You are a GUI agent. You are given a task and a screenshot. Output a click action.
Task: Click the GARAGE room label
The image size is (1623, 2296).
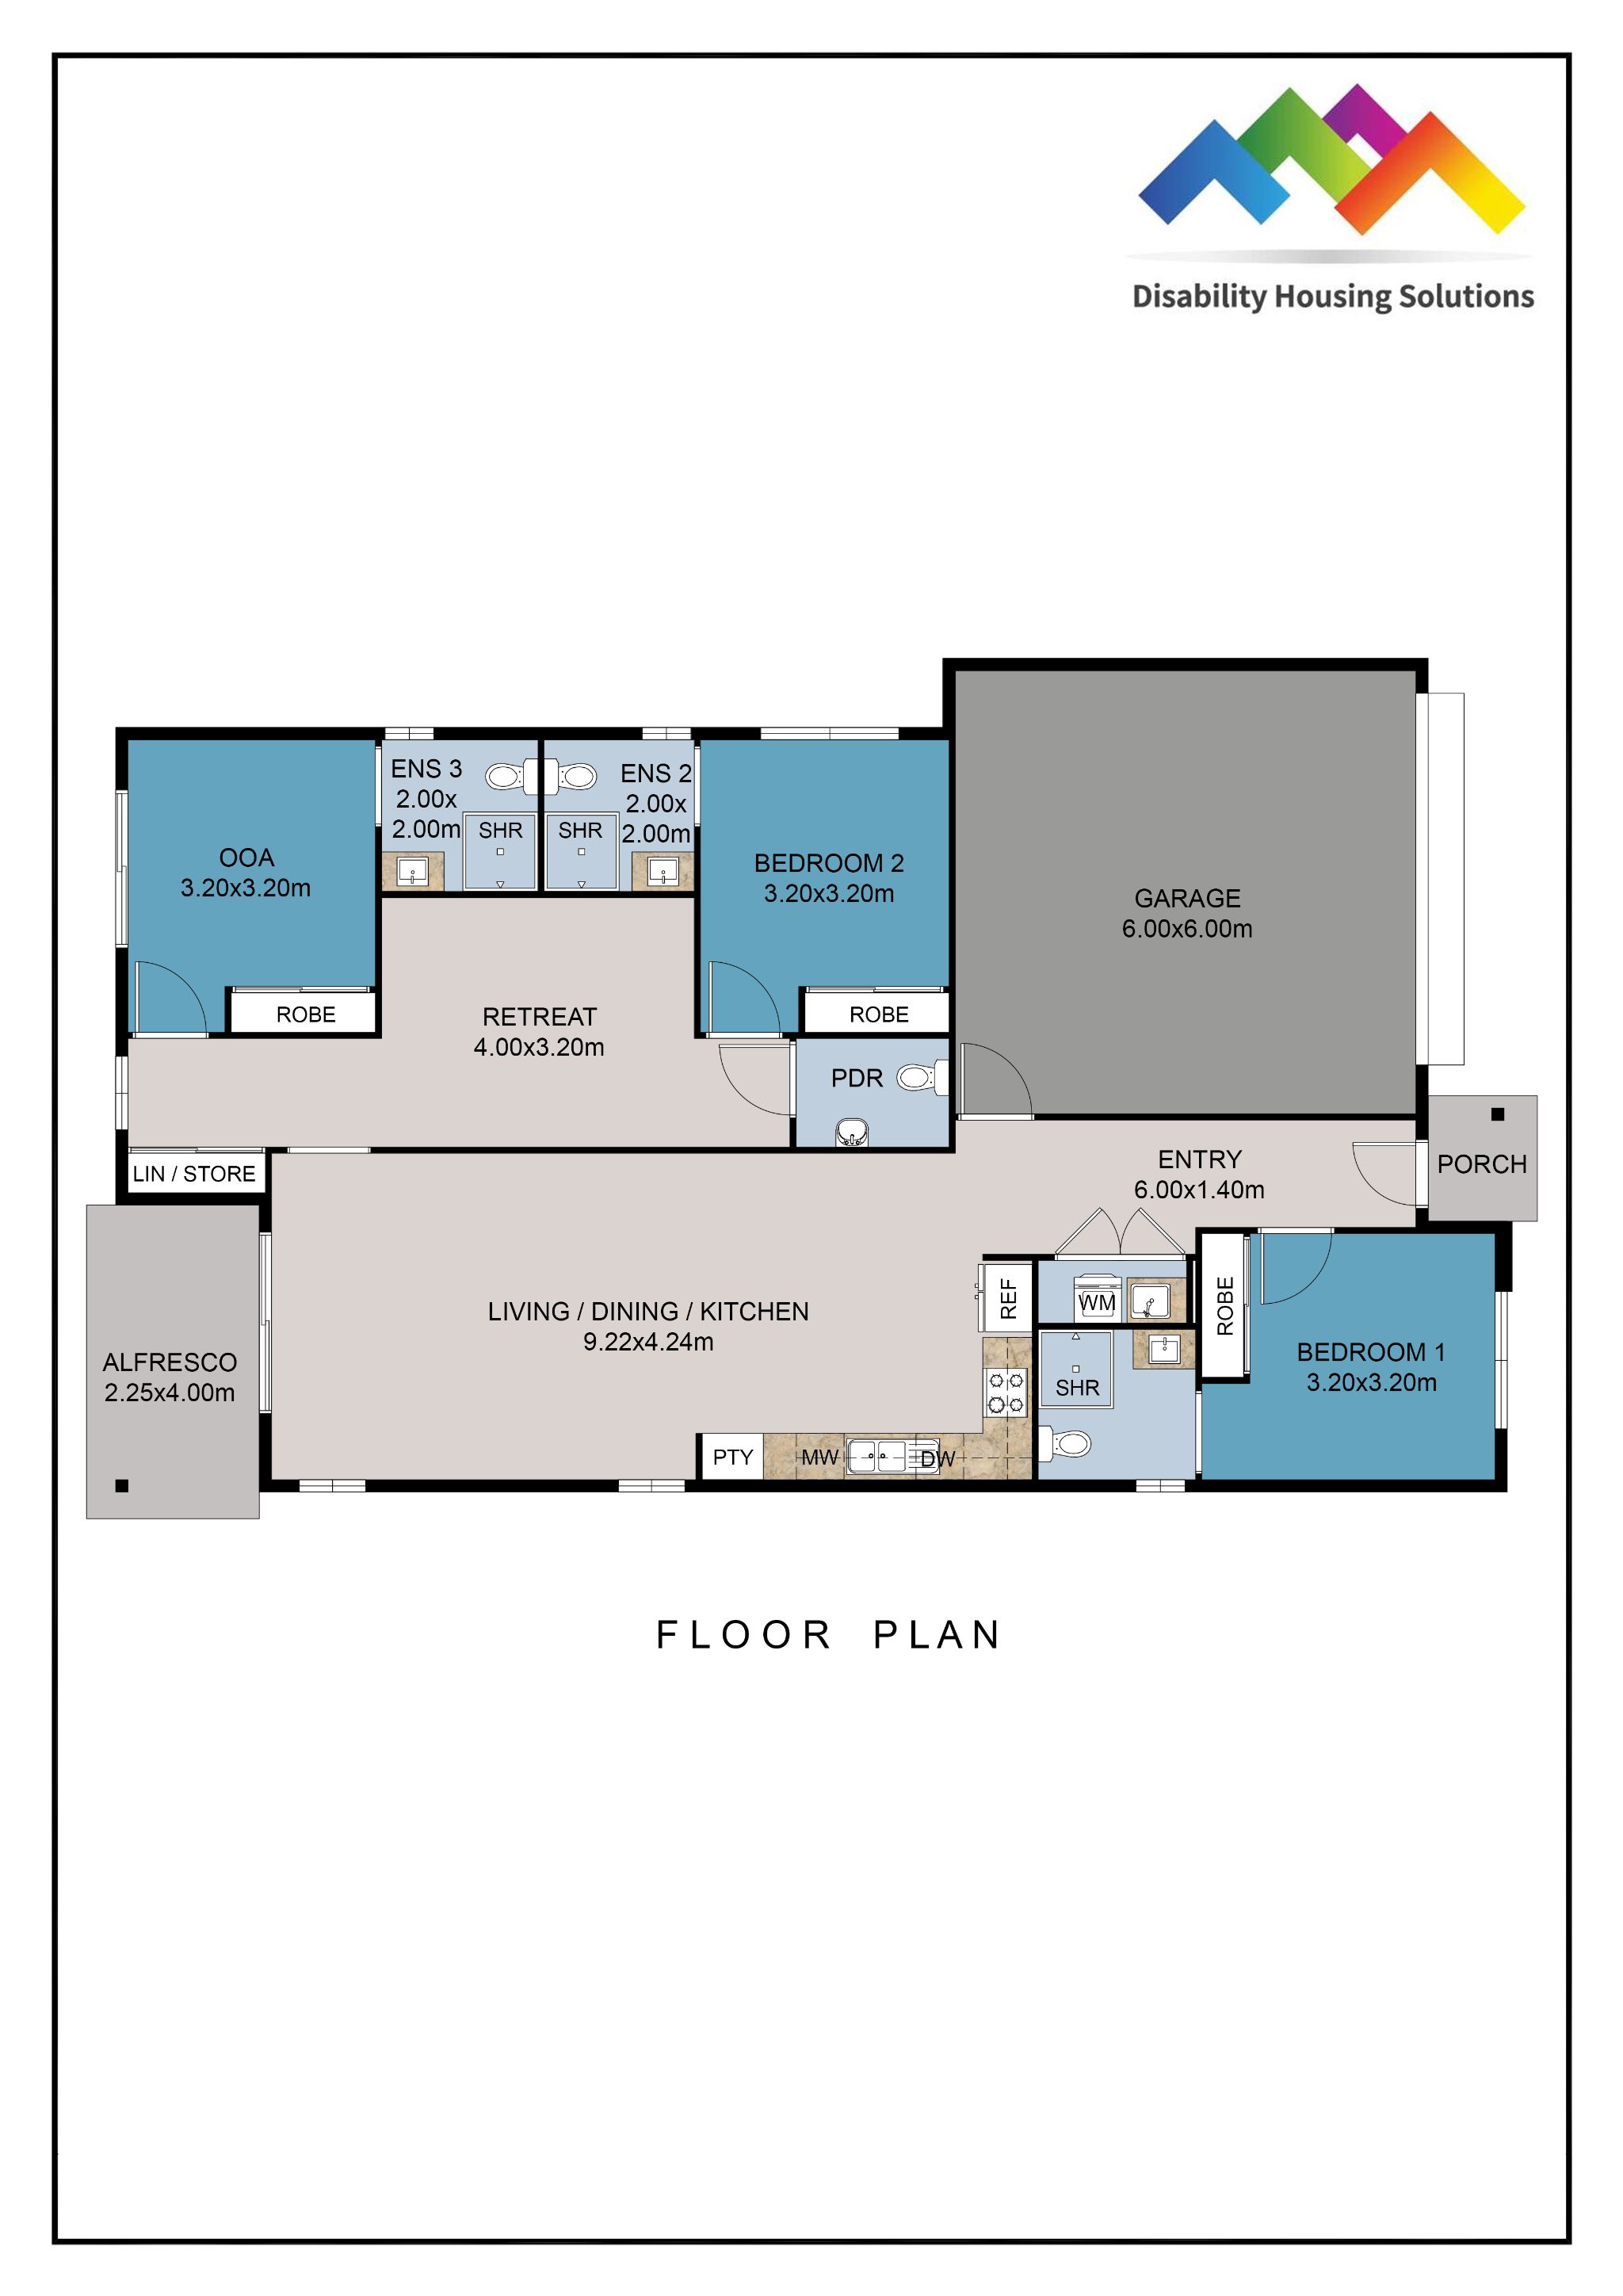1186,898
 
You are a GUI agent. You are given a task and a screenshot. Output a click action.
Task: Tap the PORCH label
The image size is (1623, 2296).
1481,1164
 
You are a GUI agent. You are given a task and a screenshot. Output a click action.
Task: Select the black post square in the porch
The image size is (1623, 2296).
1497,1114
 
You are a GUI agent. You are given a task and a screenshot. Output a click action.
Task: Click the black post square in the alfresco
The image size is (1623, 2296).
122,1486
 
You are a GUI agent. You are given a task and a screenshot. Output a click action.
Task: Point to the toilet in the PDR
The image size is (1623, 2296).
916,1077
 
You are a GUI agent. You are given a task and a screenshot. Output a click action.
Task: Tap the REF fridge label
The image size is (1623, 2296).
1008,1298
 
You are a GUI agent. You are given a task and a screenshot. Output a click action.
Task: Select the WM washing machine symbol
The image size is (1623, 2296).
1096,1302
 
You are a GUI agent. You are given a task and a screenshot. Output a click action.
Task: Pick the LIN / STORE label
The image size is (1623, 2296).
194,1174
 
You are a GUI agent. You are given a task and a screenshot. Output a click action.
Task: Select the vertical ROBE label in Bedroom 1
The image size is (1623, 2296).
1225,1306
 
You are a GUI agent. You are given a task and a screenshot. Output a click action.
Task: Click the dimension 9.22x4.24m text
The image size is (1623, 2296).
648,1342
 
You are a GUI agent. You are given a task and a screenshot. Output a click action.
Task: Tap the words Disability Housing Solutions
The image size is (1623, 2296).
1332,297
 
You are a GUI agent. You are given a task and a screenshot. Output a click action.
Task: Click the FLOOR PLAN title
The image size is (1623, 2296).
828,1635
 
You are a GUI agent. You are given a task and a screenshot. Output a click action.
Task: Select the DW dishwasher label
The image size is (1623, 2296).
937,1459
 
